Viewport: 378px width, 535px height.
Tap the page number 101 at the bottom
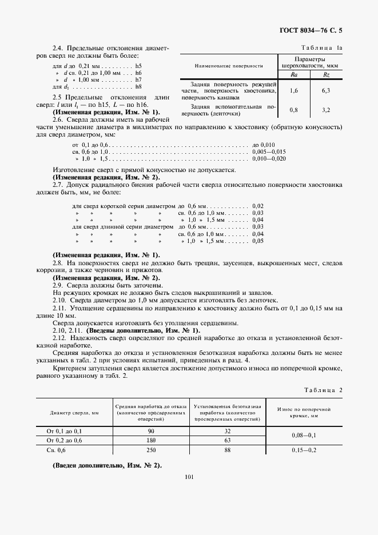189,491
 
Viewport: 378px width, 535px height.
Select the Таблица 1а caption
325,47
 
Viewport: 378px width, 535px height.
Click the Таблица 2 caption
324,390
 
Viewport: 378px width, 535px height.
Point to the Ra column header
293,74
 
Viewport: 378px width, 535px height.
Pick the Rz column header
326,74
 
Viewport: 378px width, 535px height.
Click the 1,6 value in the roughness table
293,90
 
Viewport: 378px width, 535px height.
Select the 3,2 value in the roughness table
326,110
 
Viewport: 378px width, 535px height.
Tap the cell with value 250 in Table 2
152,450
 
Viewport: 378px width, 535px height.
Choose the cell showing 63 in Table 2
228,441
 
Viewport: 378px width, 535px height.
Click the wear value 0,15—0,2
305,450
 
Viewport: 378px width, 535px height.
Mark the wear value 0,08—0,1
305,436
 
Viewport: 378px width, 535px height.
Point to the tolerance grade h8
138,86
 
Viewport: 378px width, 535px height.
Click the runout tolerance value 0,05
257,241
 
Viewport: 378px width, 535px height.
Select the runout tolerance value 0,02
257,206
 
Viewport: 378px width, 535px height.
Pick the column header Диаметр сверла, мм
75,412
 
